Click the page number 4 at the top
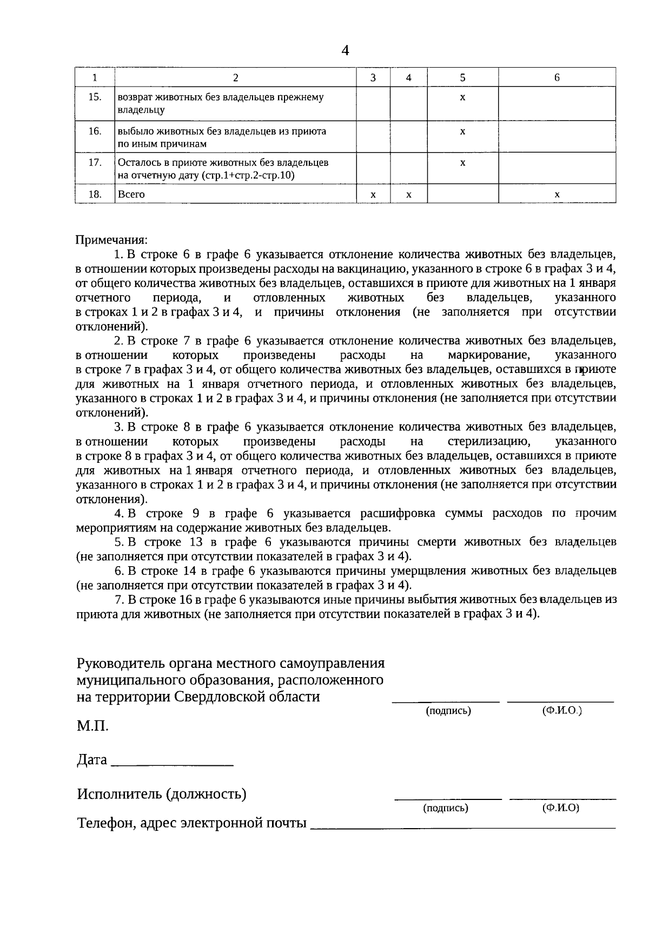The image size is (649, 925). click(346, 50)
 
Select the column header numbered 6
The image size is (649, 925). click(557, 77)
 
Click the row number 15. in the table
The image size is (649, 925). click(95, 97)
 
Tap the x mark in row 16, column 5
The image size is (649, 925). click(462, 132)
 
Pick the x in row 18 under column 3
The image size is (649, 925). click(373, 194)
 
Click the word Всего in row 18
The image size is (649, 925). click(131, 194)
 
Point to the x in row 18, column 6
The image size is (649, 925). click(557, 194)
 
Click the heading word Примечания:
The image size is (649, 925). click(111, 239)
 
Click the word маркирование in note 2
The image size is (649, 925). click(488, 356)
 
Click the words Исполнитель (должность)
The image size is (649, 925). click(162, 794)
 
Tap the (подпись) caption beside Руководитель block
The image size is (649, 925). click(448, 711)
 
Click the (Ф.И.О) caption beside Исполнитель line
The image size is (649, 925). click(560, 808)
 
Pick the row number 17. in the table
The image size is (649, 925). click(95, 162)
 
